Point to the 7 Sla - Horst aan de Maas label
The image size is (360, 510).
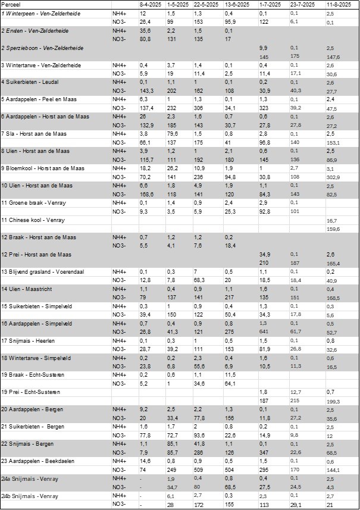[36, 134]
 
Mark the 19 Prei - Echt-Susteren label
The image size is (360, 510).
[32, 392]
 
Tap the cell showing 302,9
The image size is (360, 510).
[334, 177]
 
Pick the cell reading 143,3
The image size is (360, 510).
[146, 90]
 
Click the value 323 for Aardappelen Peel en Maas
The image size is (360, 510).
[264, 108]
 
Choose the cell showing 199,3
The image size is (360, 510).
[334, 401]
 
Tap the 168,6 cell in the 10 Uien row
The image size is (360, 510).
[146, 194]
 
